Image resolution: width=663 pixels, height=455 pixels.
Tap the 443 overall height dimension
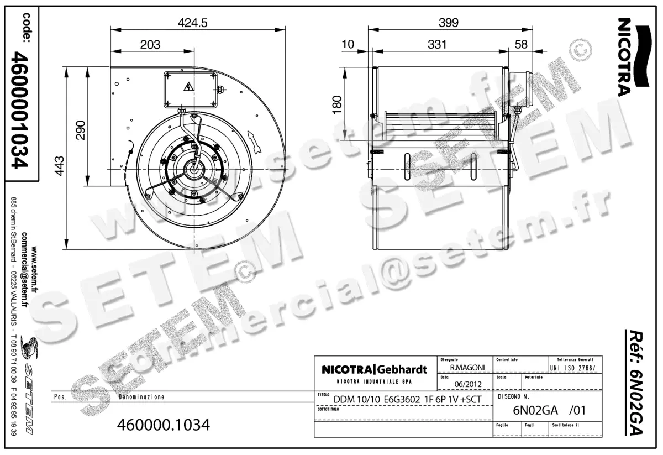[59, 165]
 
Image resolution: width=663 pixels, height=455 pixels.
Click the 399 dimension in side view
[448, 23]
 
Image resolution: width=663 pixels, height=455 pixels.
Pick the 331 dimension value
[436, 45]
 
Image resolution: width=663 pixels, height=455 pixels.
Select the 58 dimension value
[521, 45]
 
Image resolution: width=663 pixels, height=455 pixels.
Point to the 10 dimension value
[348, 45]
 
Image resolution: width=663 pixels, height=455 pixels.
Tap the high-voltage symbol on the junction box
[188, 86]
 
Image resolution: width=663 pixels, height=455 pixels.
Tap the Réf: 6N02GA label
[638, 381]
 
